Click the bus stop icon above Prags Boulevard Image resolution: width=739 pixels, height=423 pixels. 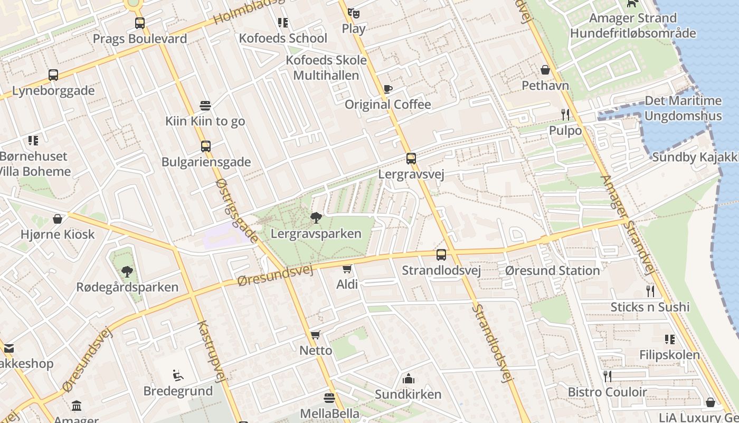140,23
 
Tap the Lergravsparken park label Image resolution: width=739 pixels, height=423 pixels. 316,233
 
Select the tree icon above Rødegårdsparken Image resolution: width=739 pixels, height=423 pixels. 127,272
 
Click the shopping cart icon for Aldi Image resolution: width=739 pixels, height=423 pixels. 347,269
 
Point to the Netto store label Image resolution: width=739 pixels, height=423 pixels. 316,351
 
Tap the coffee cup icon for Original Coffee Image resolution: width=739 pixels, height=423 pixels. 388,89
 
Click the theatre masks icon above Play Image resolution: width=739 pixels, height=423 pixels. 353,13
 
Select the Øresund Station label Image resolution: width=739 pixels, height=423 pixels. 552,271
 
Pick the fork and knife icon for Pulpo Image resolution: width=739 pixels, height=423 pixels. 565,114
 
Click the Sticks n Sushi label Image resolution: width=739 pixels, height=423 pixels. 650,307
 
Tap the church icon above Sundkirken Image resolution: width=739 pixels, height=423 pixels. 408,379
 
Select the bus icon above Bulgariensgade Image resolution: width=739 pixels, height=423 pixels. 206,146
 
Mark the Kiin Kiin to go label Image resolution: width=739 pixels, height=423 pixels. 205,121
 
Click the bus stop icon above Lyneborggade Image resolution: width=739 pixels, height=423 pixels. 53,75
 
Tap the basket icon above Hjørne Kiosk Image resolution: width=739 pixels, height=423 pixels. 58,219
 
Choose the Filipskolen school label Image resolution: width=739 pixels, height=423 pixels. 669,355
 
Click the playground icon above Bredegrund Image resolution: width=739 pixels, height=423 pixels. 178,376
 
